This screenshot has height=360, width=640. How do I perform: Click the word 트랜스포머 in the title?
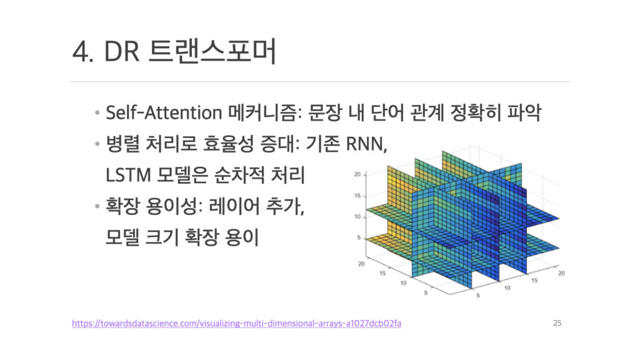point(212,51)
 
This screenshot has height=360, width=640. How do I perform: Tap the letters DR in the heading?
point(122,51)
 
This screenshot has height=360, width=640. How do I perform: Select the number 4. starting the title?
point(83,52)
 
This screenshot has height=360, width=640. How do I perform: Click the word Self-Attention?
point(164,112)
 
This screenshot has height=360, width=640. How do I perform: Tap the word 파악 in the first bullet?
point(524,112)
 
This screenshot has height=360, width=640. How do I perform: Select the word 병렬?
point(122,144)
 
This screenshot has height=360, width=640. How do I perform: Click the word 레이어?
point(234,205)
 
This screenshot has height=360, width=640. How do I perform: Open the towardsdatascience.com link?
point(237,323)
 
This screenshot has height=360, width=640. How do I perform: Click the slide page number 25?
point(557,323)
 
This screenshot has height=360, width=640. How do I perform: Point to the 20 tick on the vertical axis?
point(357,174)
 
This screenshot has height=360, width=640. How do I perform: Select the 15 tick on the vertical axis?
point(357,196)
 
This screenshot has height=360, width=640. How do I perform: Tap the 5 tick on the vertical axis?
point(359,237)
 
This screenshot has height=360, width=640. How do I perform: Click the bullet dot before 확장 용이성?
point(97,206)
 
